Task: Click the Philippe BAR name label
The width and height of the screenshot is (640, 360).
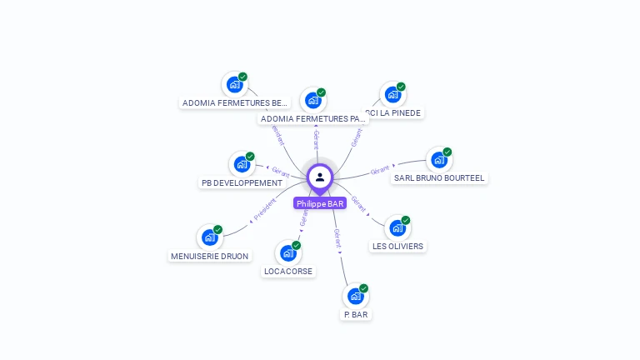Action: click(320, 203)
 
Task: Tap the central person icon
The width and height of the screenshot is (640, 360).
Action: click(320, 177)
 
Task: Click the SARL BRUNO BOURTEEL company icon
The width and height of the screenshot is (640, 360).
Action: click(438, 160)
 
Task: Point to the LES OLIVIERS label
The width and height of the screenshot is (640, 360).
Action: click(397, 247)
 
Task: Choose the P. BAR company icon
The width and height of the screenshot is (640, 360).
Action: click(356, 296)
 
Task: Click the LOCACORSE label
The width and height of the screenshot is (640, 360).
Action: click(288, 272)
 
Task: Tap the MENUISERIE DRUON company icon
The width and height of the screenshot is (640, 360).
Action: click(209, 237)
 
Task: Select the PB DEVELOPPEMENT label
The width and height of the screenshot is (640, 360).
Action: click(242, 183)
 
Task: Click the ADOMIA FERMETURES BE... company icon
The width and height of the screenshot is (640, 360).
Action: click(234, 84)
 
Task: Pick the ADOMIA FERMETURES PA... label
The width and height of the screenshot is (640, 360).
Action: click(312, 119)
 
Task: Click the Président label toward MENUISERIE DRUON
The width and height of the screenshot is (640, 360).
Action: click(264, 208)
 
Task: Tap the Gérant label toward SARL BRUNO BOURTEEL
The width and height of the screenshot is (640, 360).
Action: click(380, 170)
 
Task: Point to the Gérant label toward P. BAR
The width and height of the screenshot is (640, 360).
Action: click(337, 238)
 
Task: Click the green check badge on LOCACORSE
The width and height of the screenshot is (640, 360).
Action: click(296, 245)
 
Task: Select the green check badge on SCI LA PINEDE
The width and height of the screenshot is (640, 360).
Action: click(401, 87)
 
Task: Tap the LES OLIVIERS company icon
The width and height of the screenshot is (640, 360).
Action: click(397, 227)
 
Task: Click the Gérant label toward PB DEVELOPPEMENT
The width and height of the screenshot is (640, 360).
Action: click(280, 172)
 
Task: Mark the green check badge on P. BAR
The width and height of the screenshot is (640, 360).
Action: click(363, 288)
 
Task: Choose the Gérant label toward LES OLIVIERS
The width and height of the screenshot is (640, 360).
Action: click(359, 202)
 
